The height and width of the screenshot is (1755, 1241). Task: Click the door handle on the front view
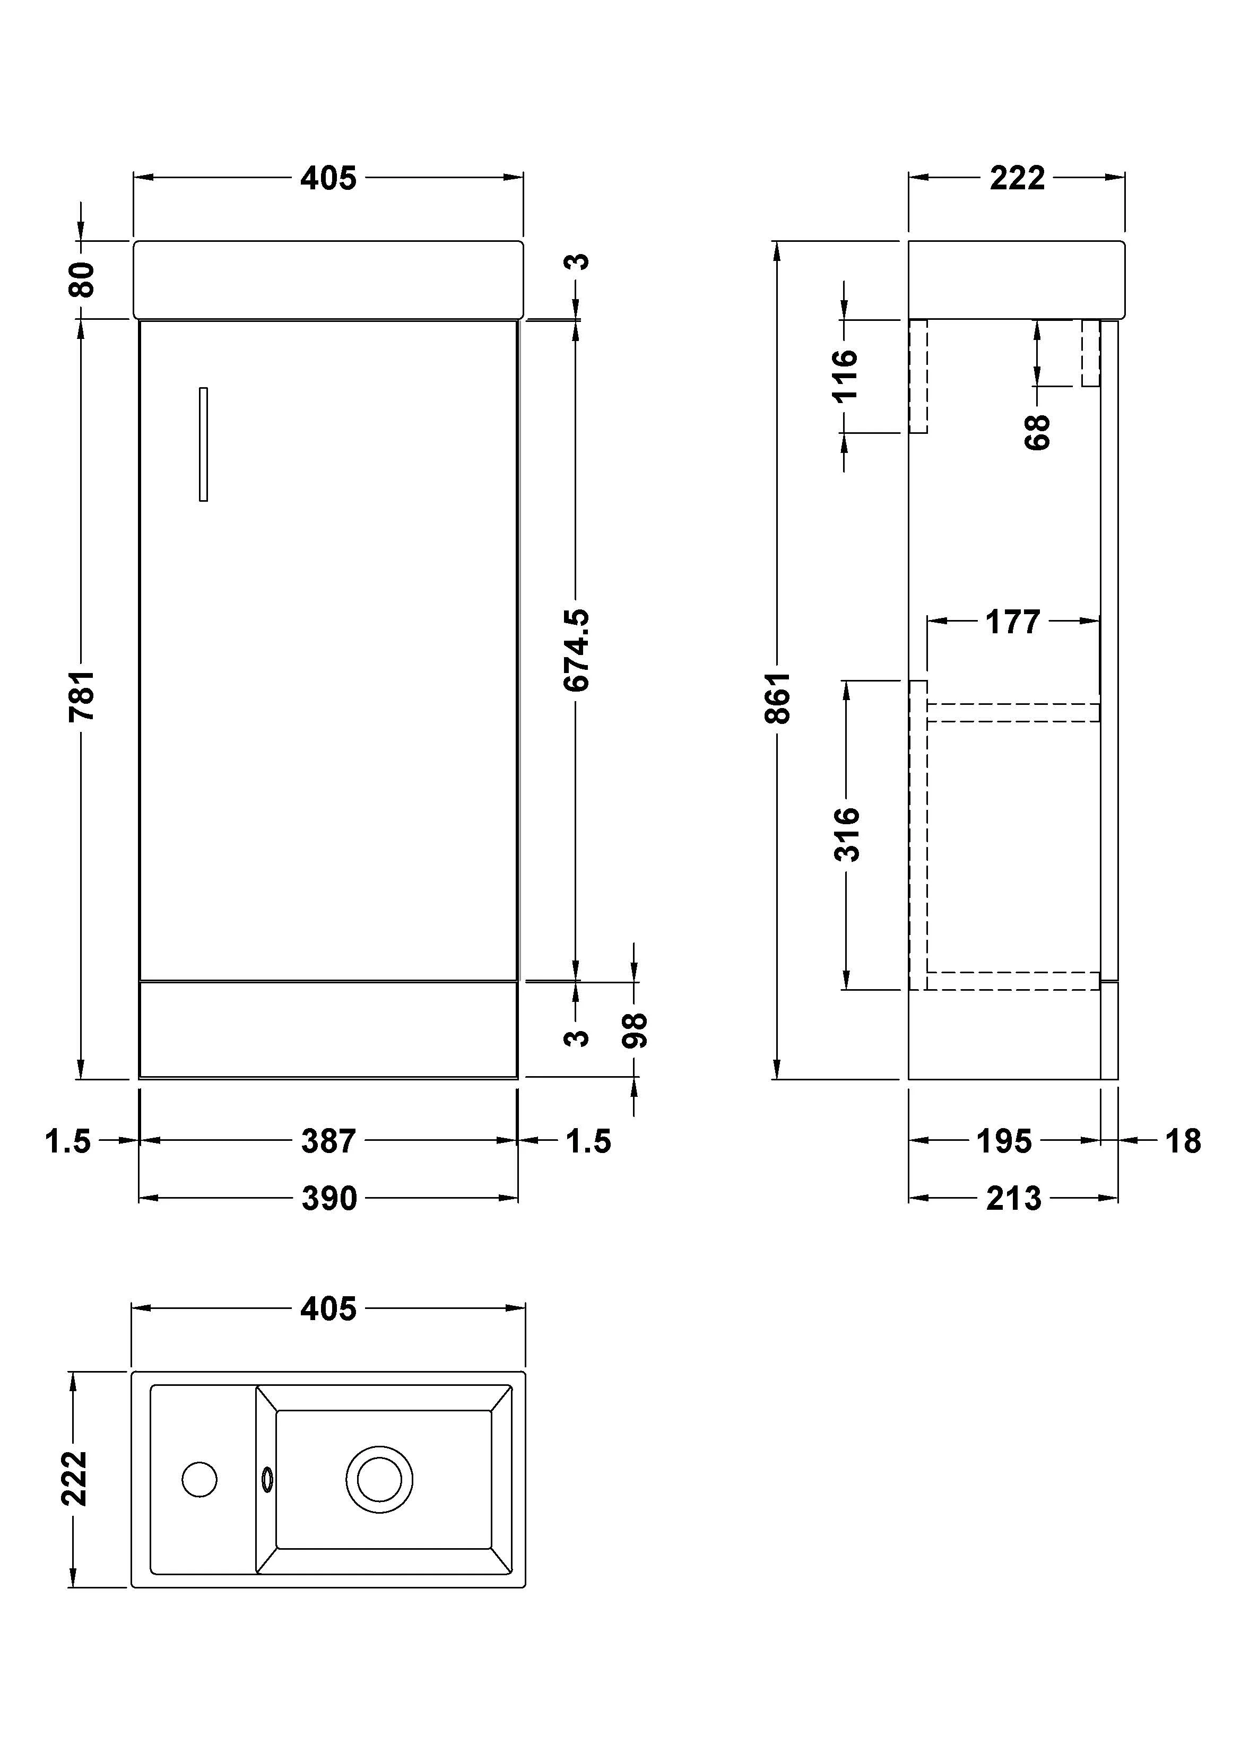(x=203, y=444)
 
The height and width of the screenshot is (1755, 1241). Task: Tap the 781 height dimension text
(x=81, y=695)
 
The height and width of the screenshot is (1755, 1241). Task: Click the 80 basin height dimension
(x=81, y=279)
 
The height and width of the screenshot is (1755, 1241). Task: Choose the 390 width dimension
(x=329, y=1199)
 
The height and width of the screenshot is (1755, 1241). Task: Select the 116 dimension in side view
(x=845, y=376)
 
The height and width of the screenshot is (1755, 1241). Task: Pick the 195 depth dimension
(x=1004, y=1141)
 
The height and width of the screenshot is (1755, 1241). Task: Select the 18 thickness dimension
(x=1182, y=1141)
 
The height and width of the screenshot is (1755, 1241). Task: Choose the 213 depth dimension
(x=1013, y=1199)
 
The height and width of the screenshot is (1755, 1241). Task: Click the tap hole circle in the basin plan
(x=199, y=1479)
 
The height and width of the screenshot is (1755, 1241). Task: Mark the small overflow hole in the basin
(x=267, y=1479)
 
